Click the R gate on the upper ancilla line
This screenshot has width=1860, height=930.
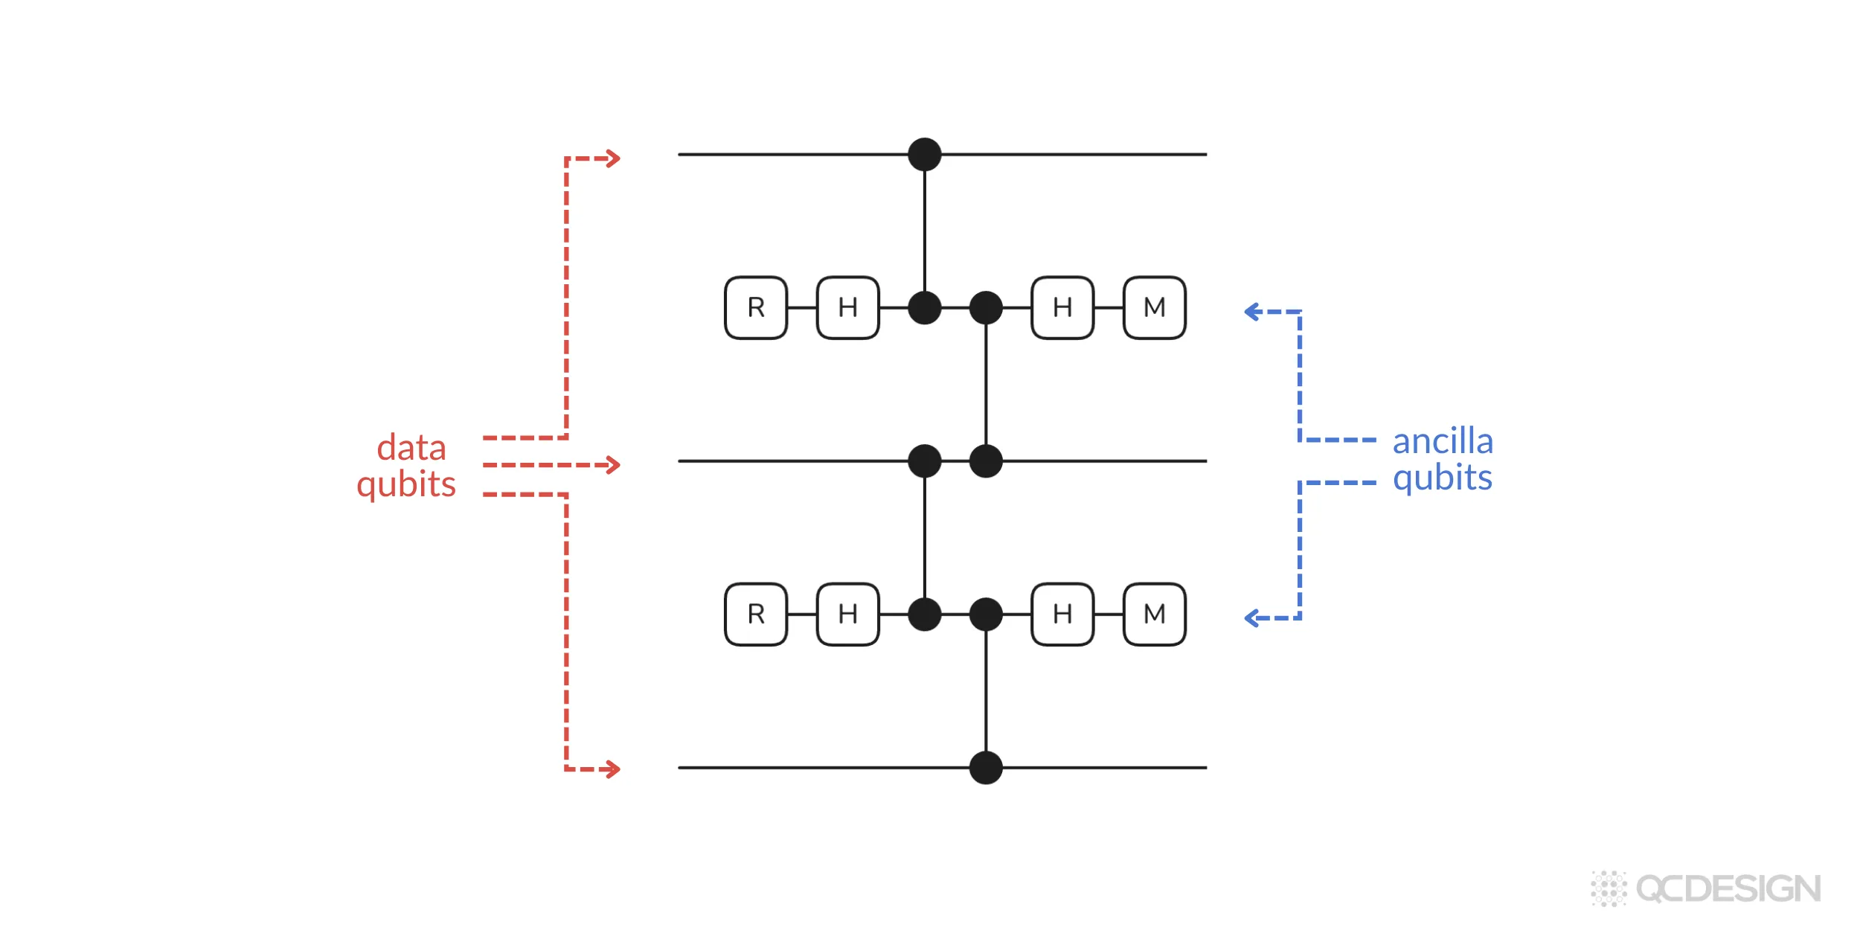point(756,307)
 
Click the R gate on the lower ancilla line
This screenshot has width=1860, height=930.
point(756,614)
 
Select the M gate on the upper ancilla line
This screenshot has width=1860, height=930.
point(1154,307)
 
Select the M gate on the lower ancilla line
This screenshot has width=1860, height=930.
point(1154,614)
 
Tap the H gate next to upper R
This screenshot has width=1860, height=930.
point(847,307)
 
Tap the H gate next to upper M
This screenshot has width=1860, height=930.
point(1062,307)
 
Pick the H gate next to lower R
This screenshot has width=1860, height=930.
point(847,614)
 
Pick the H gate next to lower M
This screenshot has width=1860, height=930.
point(1062,614)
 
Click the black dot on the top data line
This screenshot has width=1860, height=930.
point(925,154)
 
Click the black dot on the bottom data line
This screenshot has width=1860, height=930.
point(986,767)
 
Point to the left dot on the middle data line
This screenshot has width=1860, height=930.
point(925,461)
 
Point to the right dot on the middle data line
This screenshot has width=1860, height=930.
point(986,461)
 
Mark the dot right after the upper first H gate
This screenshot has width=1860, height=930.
point(925,307)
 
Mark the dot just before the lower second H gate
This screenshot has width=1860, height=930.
point(986,614)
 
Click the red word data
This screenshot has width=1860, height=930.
point(411,448)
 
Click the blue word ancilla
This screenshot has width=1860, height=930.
point(1442,441)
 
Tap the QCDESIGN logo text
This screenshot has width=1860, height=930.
point(1728,889)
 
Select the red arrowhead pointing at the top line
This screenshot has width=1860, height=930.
point(614,158)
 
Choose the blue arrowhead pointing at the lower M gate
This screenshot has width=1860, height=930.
point(1252,618)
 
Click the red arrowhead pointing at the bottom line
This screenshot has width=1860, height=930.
point(614,769)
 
